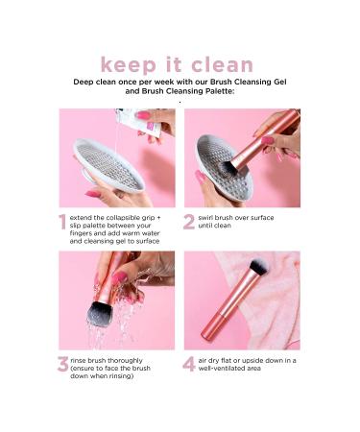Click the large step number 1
click(63, 223)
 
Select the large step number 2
click(189, 223)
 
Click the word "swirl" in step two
click(209, 218)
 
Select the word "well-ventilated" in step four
click(229, 369)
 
